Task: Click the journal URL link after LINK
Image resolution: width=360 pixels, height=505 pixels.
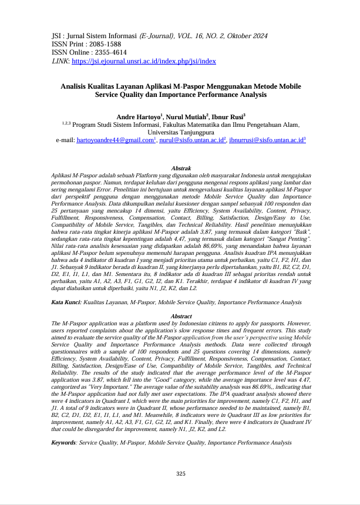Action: [144, 61]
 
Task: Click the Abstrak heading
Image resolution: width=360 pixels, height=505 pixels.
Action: [180, 169]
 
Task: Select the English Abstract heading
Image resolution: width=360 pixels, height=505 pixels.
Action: [180, 316]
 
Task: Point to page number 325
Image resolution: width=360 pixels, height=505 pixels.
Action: [180, 473]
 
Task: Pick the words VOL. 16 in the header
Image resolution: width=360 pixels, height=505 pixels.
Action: [191, 36]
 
